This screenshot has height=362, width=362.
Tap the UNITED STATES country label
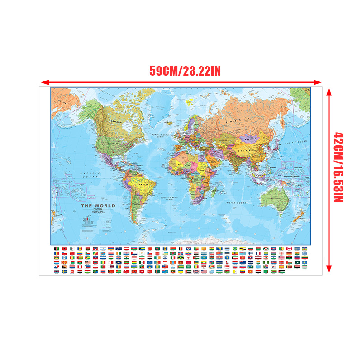(x=110, y=143)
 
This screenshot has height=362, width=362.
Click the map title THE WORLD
(x=98, y=206)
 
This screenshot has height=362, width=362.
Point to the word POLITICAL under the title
(x=98, y=210)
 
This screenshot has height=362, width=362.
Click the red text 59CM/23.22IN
(x=185, y=71)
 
